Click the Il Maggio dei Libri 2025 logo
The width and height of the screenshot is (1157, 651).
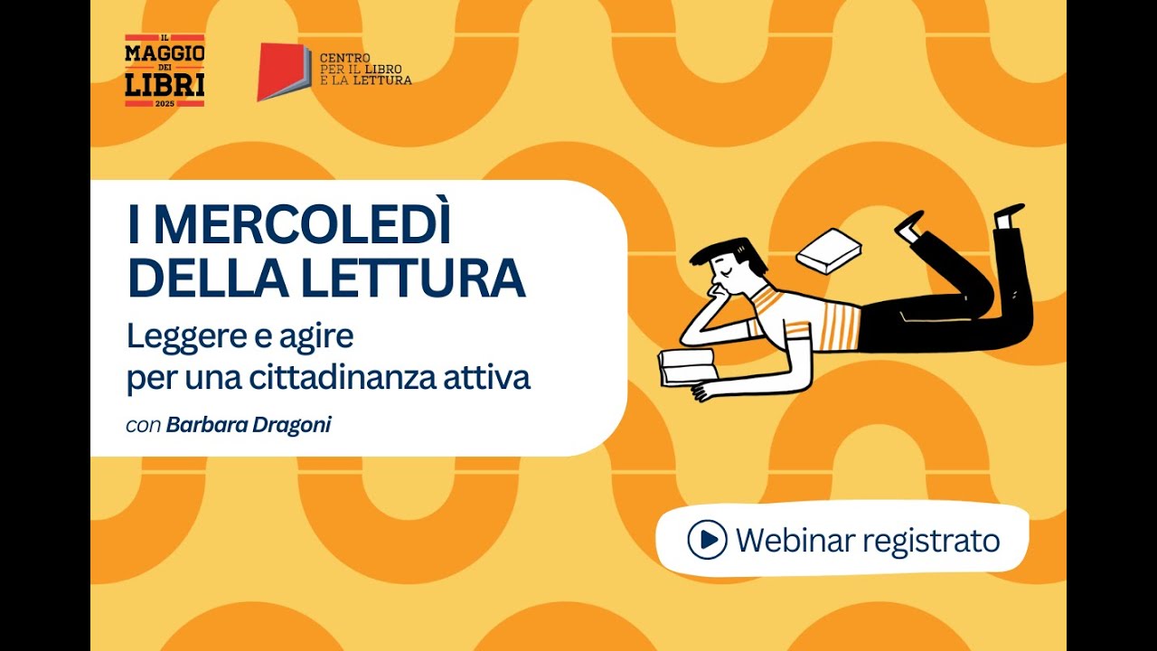tap(165, 71)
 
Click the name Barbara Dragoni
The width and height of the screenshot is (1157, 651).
tap(249, 424)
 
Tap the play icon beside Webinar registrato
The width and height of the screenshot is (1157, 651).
tap(707, 540)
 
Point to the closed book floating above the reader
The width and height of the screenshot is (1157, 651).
tap(828, 250)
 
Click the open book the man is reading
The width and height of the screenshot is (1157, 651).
tap(687, 364)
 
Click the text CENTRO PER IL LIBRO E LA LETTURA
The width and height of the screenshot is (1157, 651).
tap(365, 69)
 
